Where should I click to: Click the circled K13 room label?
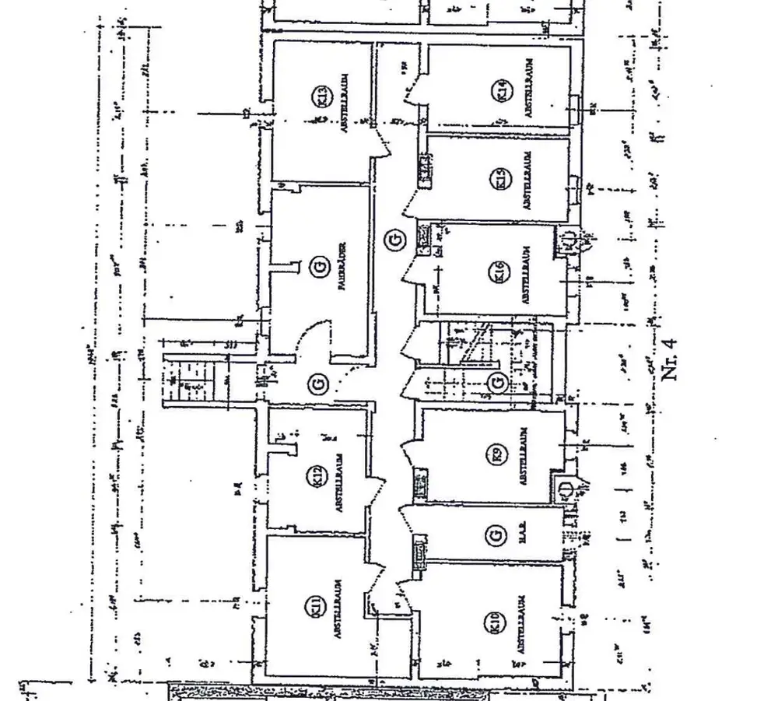click(319, 97)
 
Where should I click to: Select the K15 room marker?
click(500, 181)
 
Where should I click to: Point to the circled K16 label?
click(499, 272)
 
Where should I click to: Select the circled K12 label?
click(318, 477)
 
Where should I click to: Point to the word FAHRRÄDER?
click(341, 268)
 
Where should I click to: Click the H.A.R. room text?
click(524, 537)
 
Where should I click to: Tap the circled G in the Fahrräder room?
click(317, 268)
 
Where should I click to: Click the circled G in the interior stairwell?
click(495, 382)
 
